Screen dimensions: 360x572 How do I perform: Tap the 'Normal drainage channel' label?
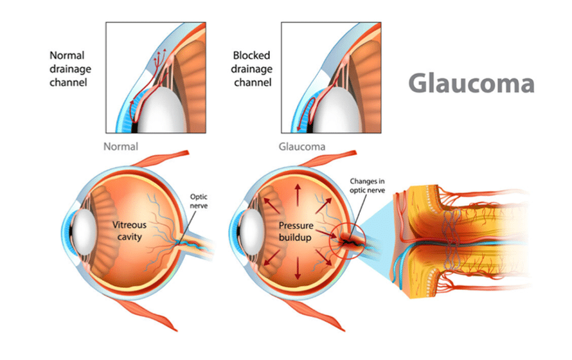pos(68,69)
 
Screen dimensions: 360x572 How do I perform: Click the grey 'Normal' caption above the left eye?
pos(121,147)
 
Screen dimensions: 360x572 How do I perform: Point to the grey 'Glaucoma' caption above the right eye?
pos(301,147)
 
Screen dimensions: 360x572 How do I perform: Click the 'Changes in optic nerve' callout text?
pos(366,186)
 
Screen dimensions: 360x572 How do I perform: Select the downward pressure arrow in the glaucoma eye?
pos(298,273)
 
